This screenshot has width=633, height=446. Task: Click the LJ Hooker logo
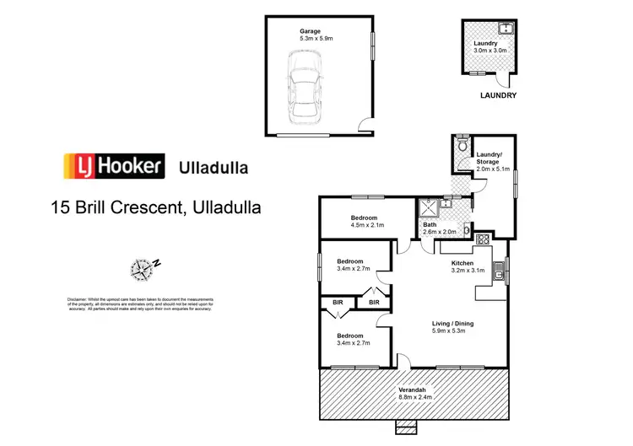pyautogui.click(x=112, y=166)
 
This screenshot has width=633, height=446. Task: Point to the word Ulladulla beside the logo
pyautogui.click(x=214, y=167)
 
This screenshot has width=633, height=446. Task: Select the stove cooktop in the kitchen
pyautogui.click(x=484, y=239)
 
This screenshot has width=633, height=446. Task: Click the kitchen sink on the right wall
pyautogui.click(x=499, y=271)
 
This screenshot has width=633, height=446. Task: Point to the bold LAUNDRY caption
pyautogui.click(x=497, y=96)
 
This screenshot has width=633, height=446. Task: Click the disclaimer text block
pyautogui.click(x=140, y=304)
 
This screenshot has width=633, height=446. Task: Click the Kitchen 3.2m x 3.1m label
pyautogui.click(x=466, y=267)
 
